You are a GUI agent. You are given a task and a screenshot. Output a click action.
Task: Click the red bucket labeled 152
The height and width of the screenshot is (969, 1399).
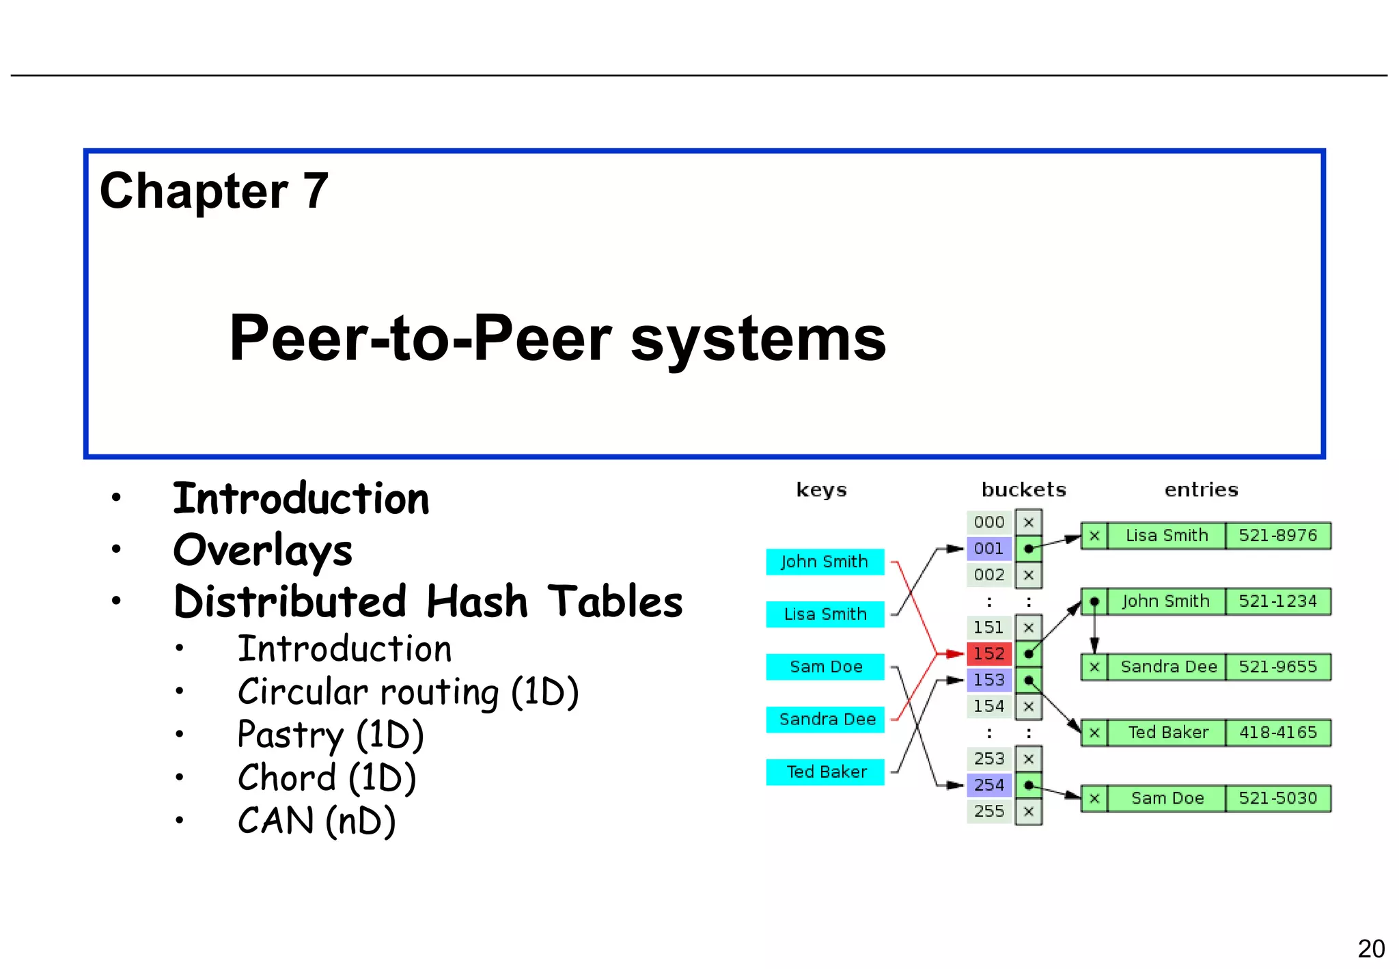tap(988, 653)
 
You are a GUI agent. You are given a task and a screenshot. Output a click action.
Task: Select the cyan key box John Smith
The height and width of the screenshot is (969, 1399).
tap(825, 562)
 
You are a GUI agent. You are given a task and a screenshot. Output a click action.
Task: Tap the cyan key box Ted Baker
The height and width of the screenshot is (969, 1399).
tap(825, 772)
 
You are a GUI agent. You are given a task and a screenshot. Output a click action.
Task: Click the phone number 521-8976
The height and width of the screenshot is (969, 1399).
tap(1277, 535)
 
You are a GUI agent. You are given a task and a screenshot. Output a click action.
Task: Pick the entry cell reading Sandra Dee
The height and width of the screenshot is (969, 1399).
tap(1167, 666)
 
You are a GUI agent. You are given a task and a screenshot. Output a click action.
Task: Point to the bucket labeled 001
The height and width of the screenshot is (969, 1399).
tap(988, 548)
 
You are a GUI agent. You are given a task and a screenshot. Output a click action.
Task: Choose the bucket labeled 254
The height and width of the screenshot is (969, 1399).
tap(988, 784)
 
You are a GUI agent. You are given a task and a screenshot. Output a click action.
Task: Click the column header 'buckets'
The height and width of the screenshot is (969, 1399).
tap(1023, 489)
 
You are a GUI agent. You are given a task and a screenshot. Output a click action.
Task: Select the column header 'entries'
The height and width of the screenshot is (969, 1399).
tap(1200, 489)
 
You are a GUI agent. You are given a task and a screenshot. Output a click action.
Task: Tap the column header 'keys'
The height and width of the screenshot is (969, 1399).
tap(821, 489)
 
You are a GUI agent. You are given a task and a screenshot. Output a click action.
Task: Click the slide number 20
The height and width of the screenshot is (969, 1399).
tap(1370, 948)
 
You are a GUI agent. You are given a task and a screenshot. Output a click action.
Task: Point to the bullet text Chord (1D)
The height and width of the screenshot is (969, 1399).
tap(327, 778)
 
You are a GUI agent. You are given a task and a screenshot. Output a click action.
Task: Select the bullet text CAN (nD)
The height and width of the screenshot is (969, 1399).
tap(316, 821)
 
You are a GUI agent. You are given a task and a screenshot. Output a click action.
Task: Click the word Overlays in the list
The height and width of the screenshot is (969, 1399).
tap(263, 550)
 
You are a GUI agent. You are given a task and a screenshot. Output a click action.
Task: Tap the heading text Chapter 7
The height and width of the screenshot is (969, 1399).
tap(214, 191)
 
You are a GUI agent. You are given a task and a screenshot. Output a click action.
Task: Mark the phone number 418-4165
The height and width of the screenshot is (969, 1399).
tap(1277, 732)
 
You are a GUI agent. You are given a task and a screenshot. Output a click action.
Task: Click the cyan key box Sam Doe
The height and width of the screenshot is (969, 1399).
tap(825, 667)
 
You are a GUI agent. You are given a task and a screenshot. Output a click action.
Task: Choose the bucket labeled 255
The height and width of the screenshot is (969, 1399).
tap(988, 811)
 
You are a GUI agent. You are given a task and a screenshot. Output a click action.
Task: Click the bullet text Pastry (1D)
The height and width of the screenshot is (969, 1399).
tap(331, 735)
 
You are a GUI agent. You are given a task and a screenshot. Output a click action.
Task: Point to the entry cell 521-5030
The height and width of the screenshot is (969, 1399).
tap(1277, 797)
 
